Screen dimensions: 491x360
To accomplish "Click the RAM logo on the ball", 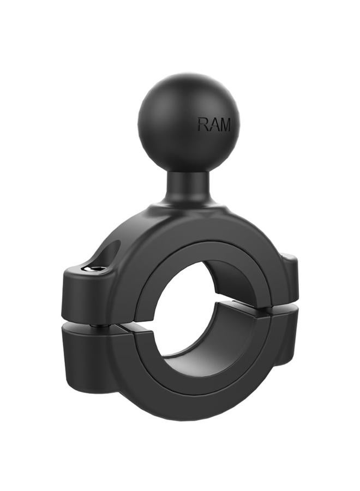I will coord(214,124).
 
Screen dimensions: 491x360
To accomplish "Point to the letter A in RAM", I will coord(213,124).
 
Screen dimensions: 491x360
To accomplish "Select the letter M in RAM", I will coord(225,124).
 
